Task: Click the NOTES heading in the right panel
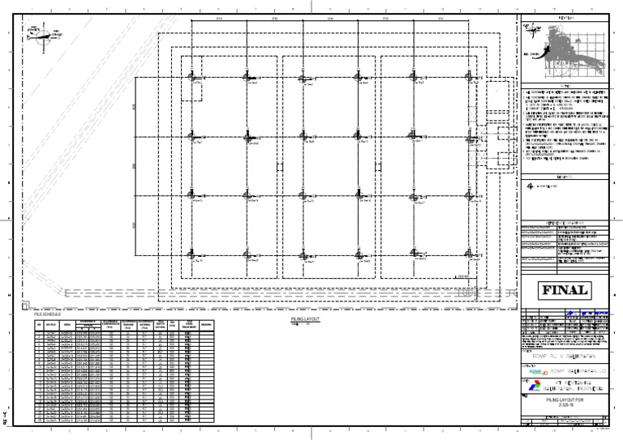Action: point(561,85)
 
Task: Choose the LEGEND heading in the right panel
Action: point(561,175)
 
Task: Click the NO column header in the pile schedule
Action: point(37,323)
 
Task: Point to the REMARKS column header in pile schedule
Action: point(207,323)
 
